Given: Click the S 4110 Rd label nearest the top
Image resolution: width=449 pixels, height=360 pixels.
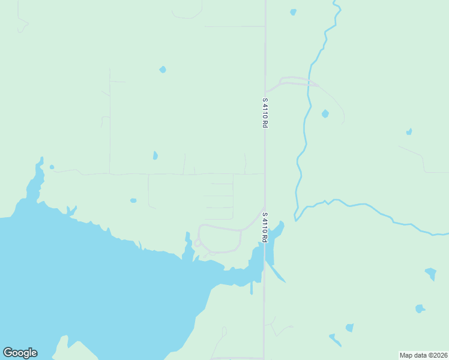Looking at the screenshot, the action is pos(265,112).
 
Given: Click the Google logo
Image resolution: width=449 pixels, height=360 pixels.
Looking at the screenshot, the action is pos(20,353).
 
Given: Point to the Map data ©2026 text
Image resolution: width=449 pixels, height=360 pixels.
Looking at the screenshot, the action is pos(424,355).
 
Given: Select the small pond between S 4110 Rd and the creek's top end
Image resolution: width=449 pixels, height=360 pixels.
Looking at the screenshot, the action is pos(293,12).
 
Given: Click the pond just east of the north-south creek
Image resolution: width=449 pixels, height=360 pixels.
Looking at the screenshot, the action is pos(325,113).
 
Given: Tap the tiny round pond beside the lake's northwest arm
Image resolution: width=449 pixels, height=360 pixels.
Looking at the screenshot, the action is pos(52,167).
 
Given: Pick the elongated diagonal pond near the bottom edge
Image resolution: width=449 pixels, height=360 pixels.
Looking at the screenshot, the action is pos(335,340).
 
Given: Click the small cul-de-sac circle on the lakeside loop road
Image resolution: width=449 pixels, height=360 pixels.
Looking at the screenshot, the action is pos(197,243).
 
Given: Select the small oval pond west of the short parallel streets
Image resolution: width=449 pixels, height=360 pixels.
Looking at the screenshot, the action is pos(133,200).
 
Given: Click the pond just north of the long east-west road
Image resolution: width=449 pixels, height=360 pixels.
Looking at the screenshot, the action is pos(155,155).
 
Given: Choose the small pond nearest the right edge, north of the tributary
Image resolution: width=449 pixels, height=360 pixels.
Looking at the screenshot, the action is pos(409,131).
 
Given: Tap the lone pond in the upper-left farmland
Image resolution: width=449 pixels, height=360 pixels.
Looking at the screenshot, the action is pos(163,70).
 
